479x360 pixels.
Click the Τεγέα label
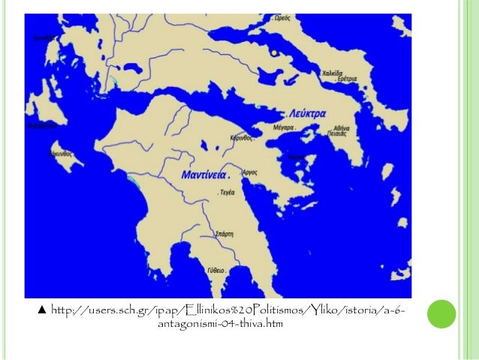(x=226, y=192)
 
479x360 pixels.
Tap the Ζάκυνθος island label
(x=51, y=153)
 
